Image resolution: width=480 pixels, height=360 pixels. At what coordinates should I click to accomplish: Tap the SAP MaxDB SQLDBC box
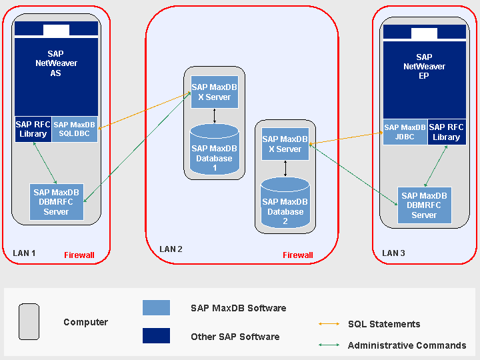[75, 129]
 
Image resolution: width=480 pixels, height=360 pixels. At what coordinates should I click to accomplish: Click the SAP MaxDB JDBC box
[405, 132]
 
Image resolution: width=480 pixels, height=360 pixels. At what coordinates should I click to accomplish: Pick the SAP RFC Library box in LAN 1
[33, 129]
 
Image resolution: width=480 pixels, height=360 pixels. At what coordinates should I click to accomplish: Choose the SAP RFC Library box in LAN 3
[446, 132]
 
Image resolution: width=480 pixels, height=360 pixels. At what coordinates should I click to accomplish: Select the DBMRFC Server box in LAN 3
[424, 205]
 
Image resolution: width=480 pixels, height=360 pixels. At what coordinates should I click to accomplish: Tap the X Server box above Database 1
[214, 92]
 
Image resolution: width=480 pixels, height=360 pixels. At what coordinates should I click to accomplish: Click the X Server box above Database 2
[285, 144]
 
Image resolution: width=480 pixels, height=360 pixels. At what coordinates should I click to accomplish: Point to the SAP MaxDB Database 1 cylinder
[214, 154]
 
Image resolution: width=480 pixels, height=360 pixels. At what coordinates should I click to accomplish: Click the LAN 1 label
[24, 253]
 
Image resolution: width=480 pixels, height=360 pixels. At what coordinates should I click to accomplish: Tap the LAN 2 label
[171, 249]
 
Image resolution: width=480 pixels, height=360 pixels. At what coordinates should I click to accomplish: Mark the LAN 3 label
[393, 253]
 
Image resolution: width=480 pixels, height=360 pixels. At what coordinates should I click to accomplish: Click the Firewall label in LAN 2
[297, 255]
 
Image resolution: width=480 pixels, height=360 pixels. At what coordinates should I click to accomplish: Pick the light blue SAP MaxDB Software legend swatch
[156, 307]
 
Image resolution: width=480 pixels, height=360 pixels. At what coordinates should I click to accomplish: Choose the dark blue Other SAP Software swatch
[156, 335]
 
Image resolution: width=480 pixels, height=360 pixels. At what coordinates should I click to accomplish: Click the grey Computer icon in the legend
[29, 322]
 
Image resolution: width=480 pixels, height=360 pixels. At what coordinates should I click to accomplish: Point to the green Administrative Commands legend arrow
[329, 345]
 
